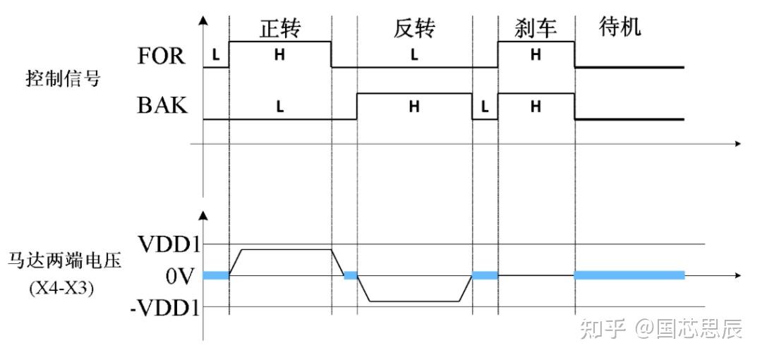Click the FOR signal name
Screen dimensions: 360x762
click(162, 56)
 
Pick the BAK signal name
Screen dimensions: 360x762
click(162, 107)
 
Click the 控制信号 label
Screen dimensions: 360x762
click(63, 78)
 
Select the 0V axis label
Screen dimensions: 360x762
click(179, 276)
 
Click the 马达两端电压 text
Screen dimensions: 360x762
click(65, 260)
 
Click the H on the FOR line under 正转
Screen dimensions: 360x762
click(279, 56)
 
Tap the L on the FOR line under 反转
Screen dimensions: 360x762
click(414, 56)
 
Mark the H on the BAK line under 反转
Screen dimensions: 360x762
click(414, 107)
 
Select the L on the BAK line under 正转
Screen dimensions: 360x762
click(279, 107)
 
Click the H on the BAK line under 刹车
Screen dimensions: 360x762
click(536, 107)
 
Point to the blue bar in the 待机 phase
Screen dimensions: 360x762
click(629, 275)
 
